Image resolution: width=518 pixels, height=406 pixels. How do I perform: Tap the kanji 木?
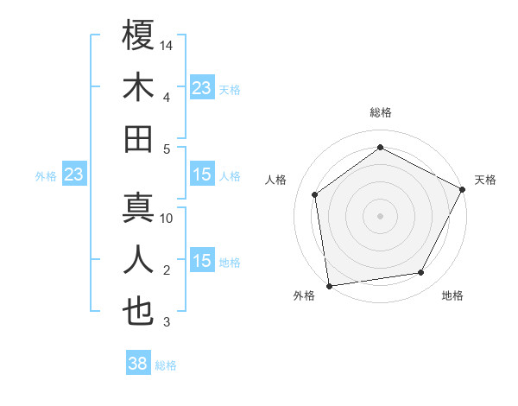[x=138, y=87]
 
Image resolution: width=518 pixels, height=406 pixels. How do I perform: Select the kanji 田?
[x=138, y=139]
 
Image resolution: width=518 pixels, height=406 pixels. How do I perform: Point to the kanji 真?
[x=138, y=208]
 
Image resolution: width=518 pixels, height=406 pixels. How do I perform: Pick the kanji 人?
[x=138, y=260]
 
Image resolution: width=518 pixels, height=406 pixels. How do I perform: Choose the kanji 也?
[x=138, y=312]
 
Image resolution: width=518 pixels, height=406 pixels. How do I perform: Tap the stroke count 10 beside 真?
[x=167, y=219]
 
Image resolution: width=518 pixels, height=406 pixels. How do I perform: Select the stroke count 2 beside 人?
[x=167, y=270]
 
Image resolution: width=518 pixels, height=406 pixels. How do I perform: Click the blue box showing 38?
[x=138, y=365]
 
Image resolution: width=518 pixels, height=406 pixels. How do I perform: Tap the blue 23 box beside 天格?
[x=201, y=88]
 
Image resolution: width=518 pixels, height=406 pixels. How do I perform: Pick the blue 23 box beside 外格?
[x=74, y=175]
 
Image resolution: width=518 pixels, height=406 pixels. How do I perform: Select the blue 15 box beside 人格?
[x=201, y=175]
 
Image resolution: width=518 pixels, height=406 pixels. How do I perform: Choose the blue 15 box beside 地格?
[x=201, y=262]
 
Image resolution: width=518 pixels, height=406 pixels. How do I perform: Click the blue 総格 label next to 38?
[x=166, y=365]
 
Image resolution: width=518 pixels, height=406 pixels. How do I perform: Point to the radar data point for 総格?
[x=380, y=147]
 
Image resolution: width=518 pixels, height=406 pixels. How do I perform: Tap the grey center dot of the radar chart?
[x=380, y=215]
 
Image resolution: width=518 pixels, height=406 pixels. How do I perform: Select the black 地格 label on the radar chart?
[x=452, y=296]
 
